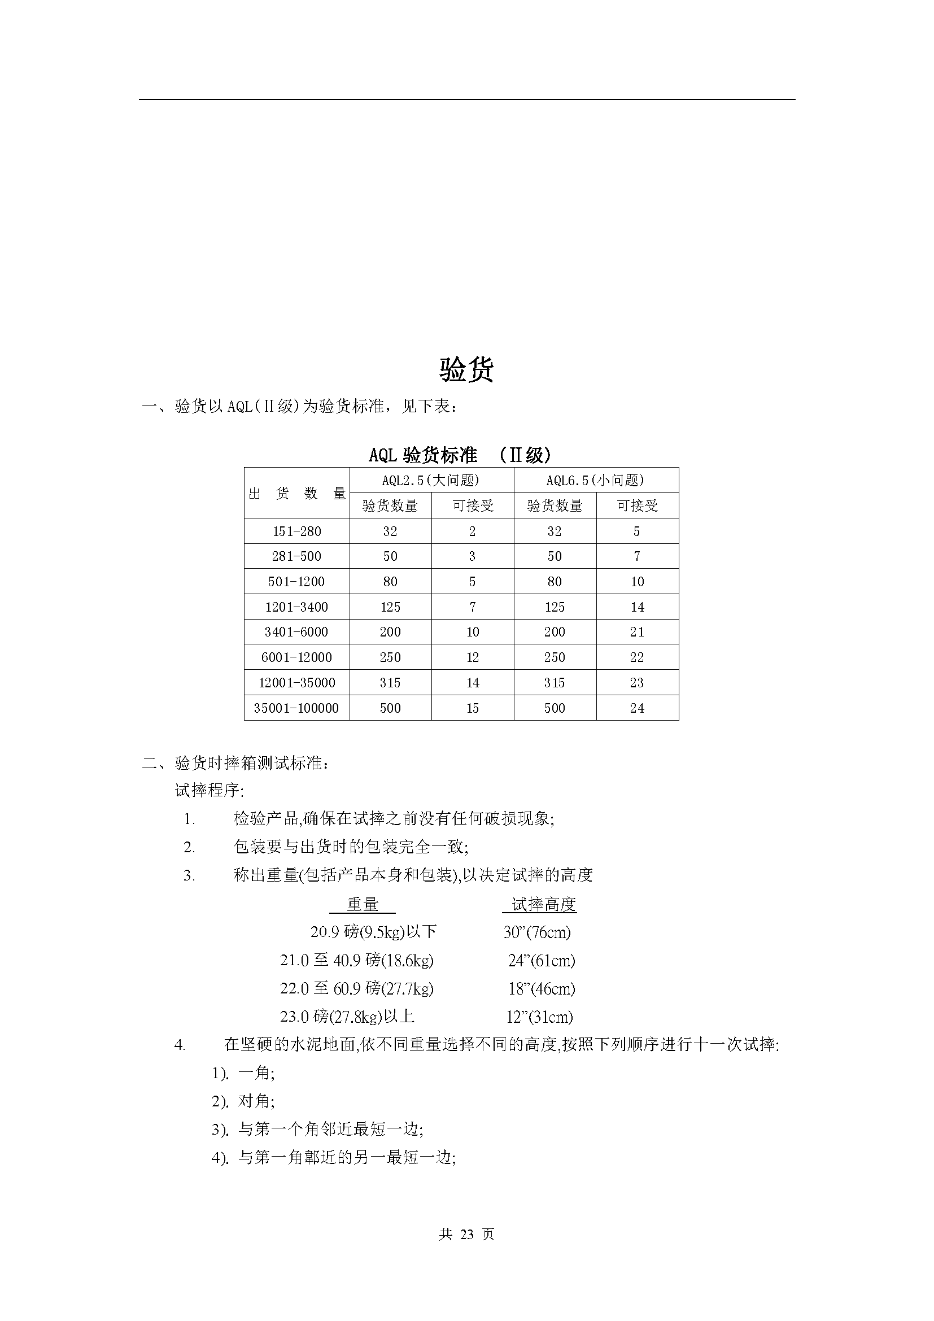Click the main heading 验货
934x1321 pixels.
466,369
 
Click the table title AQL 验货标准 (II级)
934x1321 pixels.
460,455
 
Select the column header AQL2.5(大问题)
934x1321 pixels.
431,480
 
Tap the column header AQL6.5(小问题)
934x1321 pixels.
595,480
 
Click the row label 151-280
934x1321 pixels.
297,531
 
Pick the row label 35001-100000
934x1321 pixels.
296,708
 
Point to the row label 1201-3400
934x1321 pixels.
297,607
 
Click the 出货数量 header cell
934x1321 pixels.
297,493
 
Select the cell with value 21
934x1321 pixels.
636,632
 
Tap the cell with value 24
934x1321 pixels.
636,708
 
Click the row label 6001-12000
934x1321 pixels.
297,657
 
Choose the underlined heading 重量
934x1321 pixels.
363,904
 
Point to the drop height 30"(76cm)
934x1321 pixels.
537,932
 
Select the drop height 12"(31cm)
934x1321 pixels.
539,1017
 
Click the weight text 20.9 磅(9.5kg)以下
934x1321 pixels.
373,932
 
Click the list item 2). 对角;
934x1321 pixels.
243,1101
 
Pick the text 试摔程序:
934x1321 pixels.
210,791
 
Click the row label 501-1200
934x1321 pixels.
297,582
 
